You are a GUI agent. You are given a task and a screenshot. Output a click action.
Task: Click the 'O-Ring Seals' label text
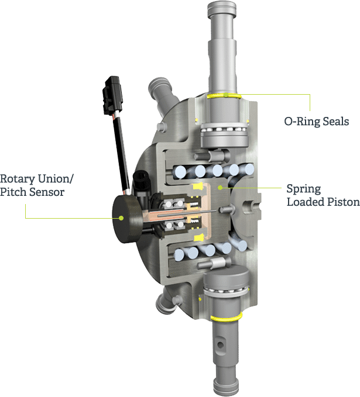coord(317,122)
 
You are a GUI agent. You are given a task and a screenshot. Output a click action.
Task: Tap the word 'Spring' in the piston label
coord(304,189)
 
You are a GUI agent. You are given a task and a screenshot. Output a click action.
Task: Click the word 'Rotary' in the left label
coord(18,179)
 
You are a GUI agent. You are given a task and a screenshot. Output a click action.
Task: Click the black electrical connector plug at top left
coord(112,95)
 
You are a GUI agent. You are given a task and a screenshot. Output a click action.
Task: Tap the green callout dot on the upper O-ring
coord(225,95)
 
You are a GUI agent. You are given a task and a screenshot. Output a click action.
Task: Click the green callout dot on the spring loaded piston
coord(221,188)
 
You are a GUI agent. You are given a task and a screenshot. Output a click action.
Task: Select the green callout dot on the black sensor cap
coord(122,218)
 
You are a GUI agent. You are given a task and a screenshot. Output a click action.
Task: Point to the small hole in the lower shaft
coord(220,344)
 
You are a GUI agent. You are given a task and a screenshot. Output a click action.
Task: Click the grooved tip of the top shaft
coord(222,9)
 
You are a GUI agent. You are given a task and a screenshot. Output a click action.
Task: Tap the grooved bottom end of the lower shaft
coord(225,387)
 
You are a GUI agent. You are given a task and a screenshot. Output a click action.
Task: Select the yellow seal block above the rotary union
coord(198,187)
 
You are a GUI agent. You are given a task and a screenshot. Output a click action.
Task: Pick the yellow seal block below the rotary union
coord(198,238)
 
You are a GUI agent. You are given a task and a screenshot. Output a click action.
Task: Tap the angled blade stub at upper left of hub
coord(162,97)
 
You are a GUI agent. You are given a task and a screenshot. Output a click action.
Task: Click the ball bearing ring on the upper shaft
coord(224,129)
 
